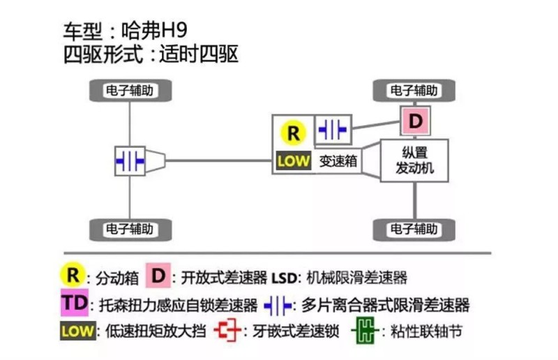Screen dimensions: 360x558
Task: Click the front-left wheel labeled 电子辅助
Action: pyautogui.click(x=129, y=91)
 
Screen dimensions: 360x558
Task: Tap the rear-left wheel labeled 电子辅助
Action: pyautogui.click(x=129, y=228)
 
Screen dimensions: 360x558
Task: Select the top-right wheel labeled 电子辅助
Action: pyautogui.click(x=414, y=91)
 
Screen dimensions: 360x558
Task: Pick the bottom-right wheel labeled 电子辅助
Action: pyautogui.click(x=414, y=228)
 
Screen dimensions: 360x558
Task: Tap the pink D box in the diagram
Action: pyautogui.click(x=416, y=121)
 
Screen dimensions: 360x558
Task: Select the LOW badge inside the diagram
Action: pyautogui.click(x=293, y=161)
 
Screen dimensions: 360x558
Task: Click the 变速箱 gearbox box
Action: pyautogui.click(x=338, y=161)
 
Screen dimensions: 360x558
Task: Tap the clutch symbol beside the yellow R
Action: pyautogui.click(x=333, y=130)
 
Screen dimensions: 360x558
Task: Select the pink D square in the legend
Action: pyautogui.click(x=159, y=276)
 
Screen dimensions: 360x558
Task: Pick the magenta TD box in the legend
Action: pyautogui.click(x=73, y=303)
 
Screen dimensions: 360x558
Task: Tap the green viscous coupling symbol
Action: pyautogui.click(x=364, y=330)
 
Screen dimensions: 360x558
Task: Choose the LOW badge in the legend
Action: pyautogui.click(x=77, y=331)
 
